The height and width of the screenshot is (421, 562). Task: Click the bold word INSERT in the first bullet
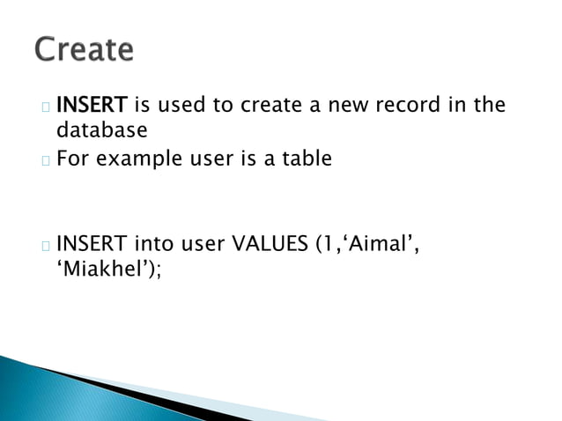tap(92, 106)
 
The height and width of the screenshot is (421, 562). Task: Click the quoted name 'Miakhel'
tap(100, 269)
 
